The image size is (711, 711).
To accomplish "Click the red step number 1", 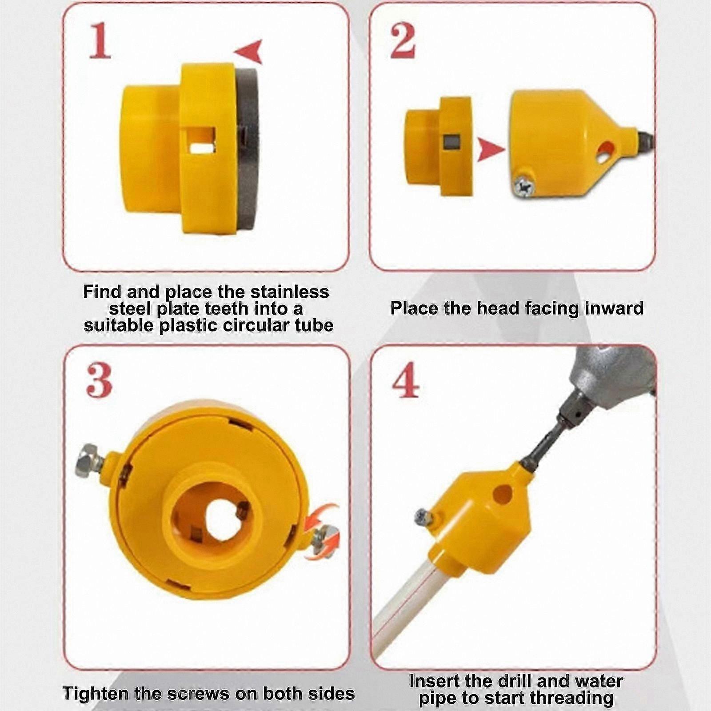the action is [x=100, y=42].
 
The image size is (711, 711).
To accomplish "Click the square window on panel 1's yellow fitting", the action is [x=201, y=140].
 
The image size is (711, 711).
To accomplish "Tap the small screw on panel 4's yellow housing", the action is [x=422, y=516].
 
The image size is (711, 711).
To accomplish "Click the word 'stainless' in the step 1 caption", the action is [x=289, y=292].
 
